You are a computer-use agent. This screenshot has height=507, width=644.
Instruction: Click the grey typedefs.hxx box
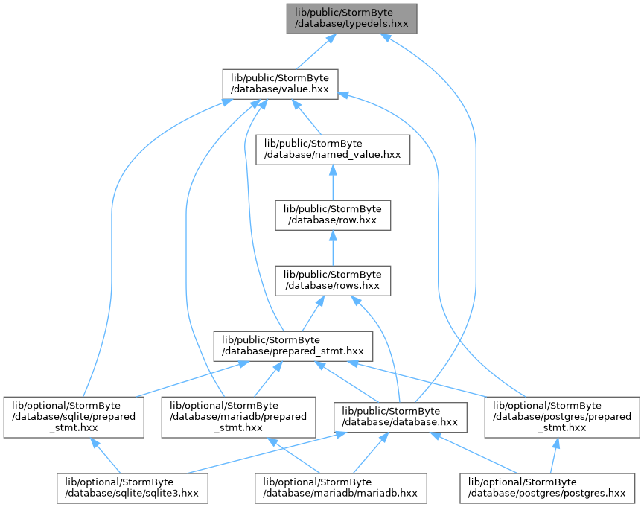pyautogui.click(x=351, y=19)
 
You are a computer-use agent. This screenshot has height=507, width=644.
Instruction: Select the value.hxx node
pyautogui.click(x=280, y=84)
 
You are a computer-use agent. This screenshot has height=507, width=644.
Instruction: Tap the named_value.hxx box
pyautogui.click(x=333, y=150)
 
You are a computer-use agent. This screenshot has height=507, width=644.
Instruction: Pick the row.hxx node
pyautogui.click(x=333, y=215)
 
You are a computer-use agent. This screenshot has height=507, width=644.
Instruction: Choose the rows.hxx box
pyautogui.click(x=333, y=281)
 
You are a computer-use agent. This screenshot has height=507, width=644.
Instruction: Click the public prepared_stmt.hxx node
pyautogui.click(x=293, y=346)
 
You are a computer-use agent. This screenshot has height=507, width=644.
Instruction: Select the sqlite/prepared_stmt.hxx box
pyautogui.click(x=74, y=417)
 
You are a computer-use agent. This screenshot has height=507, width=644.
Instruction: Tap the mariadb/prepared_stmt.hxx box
pyautogui.click(x=239, y=417)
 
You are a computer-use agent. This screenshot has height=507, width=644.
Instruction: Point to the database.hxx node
pyautogui.click(x=400, y=417)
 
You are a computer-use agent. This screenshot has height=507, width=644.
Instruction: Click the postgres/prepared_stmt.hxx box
pyautogui.click(x=562, y=417)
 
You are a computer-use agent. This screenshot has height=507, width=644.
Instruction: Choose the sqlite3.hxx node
pyautogui.click(x=133, y=488)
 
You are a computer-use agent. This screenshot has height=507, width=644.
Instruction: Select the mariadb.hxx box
pyautogui.click(x=340, y=488)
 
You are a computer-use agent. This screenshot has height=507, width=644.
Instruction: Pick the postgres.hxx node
pyautogui.click(x=547, y=488)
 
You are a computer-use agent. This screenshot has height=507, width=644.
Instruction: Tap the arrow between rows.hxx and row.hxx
pyautogui.click(x=333, y=248)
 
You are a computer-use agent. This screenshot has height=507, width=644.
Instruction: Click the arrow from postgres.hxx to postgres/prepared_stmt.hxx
pyautogui.click(x=555, y=456)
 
